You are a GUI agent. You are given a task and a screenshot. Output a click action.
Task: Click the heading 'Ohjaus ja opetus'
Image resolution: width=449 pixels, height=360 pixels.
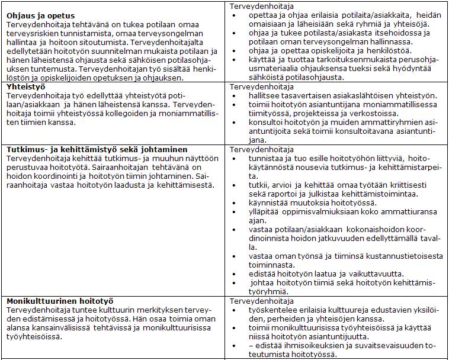45,15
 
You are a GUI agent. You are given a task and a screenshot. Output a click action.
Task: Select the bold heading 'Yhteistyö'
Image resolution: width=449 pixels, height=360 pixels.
27,86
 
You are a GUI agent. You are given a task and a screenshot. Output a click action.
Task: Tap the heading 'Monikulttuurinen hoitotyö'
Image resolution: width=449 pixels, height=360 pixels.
60,301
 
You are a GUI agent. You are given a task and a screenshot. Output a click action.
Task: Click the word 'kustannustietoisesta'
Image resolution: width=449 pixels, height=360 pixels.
402,256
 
